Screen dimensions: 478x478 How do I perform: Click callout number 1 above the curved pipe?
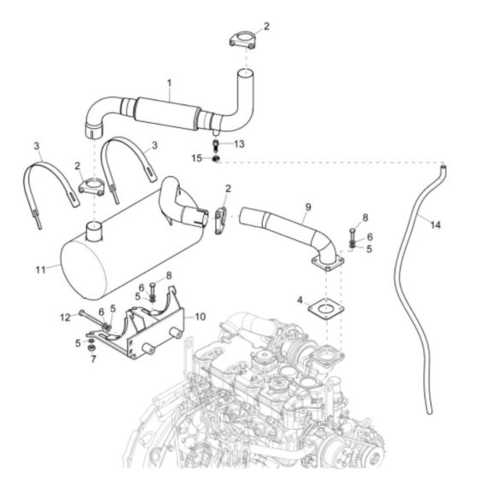(x=169, y=83)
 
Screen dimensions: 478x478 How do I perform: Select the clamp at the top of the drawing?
(x=242, y=38)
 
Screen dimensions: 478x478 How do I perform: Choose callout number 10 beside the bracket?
(x=201, y=316)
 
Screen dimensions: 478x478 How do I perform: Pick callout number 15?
(x=197, y=157)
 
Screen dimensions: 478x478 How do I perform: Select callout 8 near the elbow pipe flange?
(x=364, y=218)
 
